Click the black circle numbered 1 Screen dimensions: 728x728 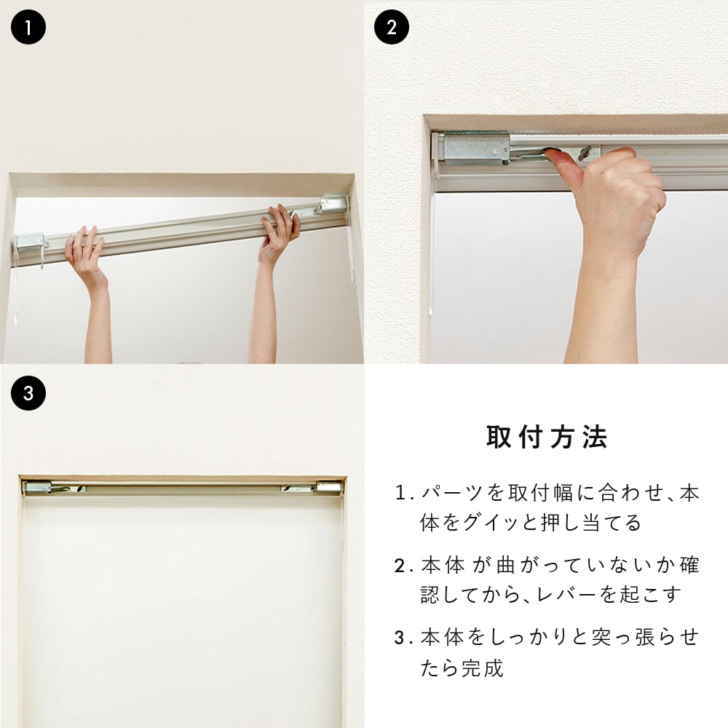28,27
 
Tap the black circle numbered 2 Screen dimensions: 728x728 392,27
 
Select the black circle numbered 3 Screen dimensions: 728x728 28,393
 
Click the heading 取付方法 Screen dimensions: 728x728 547,437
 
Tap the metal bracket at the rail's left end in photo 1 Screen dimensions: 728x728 31,243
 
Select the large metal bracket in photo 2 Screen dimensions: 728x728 477,148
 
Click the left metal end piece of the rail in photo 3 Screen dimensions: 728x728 38,488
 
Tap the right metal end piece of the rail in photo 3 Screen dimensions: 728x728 329,488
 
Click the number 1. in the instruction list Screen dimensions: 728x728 404,493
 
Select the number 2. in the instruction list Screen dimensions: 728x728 404,566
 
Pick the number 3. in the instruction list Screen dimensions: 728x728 404,638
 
